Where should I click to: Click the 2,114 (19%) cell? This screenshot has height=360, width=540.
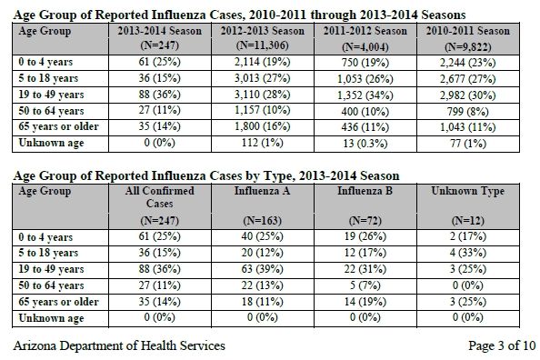(263, 62)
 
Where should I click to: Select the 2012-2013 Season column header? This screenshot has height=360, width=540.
(263, 38)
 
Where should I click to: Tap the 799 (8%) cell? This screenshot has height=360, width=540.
(467, 112)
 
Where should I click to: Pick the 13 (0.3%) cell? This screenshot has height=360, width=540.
(365, 144)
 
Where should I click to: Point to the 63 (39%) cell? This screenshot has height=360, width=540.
(263, 269)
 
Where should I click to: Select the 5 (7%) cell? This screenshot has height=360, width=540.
(365, 285)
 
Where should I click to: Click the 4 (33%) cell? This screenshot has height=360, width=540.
(467, 253)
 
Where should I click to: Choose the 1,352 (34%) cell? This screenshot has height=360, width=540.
(365, 95)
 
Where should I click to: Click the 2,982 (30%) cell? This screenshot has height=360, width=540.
(467, 95)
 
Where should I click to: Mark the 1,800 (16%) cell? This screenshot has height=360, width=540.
(263, 126)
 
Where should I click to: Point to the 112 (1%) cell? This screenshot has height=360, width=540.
(263, 143)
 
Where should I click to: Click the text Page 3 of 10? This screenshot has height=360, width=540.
(502, 345)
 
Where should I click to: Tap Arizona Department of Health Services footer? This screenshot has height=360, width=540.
(119, 345)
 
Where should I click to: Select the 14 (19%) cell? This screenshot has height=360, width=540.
(365, 302)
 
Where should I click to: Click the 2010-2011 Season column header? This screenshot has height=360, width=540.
(467, 38)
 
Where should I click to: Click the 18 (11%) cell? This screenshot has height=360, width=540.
(263, 302)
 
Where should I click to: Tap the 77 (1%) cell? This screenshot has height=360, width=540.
(467, 144)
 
